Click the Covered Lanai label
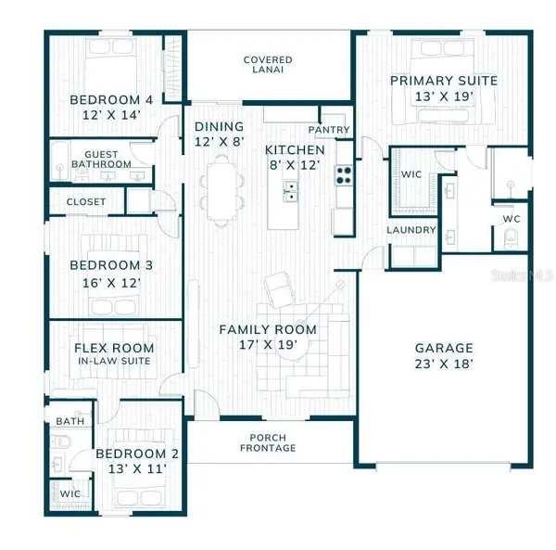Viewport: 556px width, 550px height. coord(268,65)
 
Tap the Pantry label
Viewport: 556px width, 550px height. coord(329,130)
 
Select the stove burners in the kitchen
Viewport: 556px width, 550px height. coord(344,175)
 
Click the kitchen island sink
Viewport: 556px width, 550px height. coord(290,191)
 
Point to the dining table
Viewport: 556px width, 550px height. coord(221,191)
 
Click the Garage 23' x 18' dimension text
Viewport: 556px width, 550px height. coord(444,365)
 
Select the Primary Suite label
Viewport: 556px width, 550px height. coord(444,81)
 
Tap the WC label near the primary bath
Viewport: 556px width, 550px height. coord(512,219)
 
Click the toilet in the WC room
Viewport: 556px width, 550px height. coord(511,237)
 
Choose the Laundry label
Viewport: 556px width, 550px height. coord(411,230)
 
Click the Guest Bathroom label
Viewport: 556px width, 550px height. coord(101,160)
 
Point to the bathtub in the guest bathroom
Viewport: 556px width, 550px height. coord(59,161)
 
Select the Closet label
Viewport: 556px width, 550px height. coord(86,202)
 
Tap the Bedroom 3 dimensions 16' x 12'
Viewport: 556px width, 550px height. coord(112,283)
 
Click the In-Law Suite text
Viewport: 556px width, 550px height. coord(114,361)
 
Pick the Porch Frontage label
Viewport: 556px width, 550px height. coord(268,442)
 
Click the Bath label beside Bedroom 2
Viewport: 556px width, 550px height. coord(70,422)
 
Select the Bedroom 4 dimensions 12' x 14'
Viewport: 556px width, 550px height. coord(112,115)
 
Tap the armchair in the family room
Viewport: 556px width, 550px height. coord(280,290)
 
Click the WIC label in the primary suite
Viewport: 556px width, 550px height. coord(411,174)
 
